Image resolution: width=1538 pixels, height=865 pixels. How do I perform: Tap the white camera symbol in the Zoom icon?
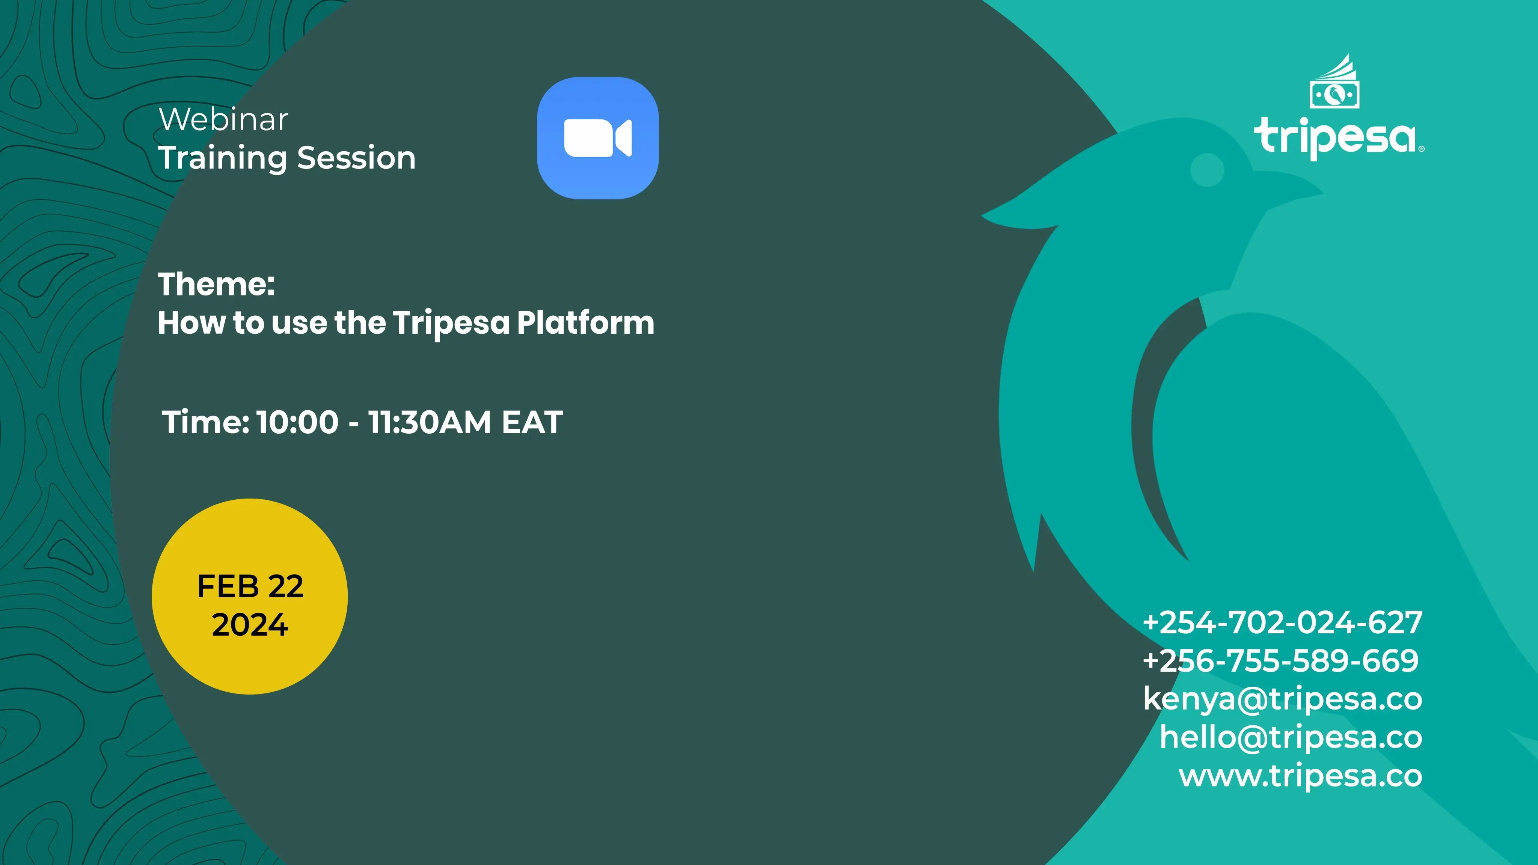tap(598, 138)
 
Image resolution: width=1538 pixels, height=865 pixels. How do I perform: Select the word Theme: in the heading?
tap(216, 284)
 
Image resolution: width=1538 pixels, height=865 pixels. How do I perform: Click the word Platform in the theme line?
tap(586, 323)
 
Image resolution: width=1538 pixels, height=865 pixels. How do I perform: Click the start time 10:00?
tap(298, 422)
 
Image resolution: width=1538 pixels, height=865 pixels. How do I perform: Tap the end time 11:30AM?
tap(429, 422)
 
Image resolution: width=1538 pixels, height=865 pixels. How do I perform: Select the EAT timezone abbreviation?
tap(532, 422)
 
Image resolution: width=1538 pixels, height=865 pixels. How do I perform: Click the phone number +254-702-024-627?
tap(1282, 622)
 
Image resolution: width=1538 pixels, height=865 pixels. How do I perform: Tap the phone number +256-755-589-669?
tap(1281, 660)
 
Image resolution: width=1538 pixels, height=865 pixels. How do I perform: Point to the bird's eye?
tap(1207, 170)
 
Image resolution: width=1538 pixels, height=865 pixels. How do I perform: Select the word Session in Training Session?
tap(356, 158)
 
